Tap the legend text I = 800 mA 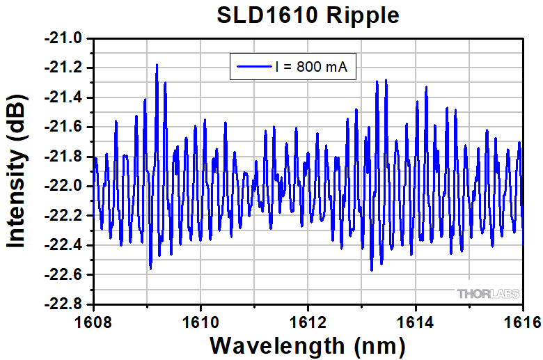pos(310,68)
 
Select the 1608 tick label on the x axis pos(93,322)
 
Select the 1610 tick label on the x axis pos(200,322)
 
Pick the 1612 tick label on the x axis pos(308,322)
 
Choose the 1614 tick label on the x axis pos(416,322)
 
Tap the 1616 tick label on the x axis pos(521,322)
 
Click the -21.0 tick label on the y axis pos(64,38)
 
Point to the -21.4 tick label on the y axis pos(64,97)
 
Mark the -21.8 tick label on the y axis pos(64,156)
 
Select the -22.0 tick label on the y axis pos(64,186)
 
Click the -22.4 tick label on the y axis pos(64,245)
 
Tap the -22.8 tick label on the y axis pos(64,304)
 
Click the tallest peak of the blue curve pos(157,65)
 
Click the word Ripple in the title pos(366,16)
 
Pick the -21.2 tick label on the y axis pos(64,68)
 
